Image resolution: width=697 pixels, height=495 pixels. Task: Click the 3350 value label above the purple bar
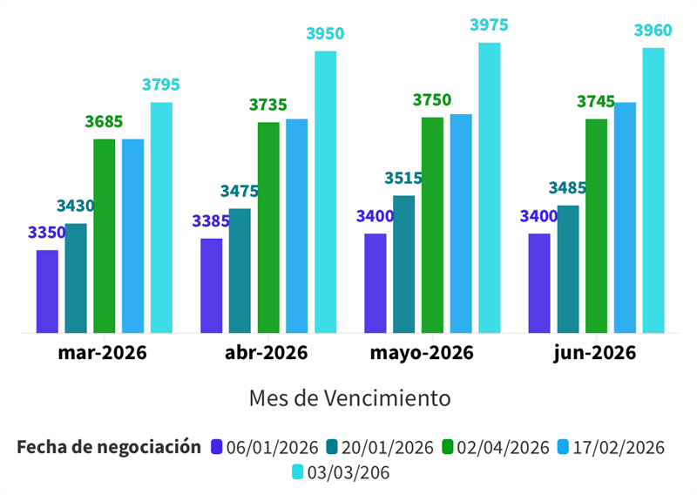[47, 233]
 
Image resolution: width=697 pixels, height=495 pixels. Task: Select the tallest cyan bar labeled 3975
[490, 187]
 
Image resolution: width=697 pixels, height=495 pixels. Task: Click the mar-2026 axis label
[103, 353]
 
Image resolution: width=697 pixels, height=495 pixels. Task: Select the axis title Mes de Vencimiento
[349, 398]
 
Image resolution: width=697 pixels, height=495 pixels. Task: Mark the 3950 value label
[325, 34]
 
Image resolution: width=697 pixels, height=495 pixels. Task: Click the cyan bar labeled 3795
[161, 217]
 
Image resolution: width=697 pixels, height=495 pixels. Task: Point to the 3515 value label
[403, 179]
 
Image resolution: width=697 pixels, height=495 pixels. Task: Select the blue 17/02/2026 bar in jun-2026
[625, 217]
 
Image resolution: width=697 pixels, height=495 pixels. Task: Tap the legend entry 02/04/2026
[496, 447]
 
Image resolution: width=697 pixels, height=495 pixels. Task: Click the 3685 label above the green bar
[104, 122]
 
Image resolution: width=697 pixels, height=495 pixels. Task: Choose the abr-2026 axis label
[267, 353]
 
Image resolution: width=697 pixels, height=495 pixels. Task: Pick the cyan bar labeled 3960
[653, 190]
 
